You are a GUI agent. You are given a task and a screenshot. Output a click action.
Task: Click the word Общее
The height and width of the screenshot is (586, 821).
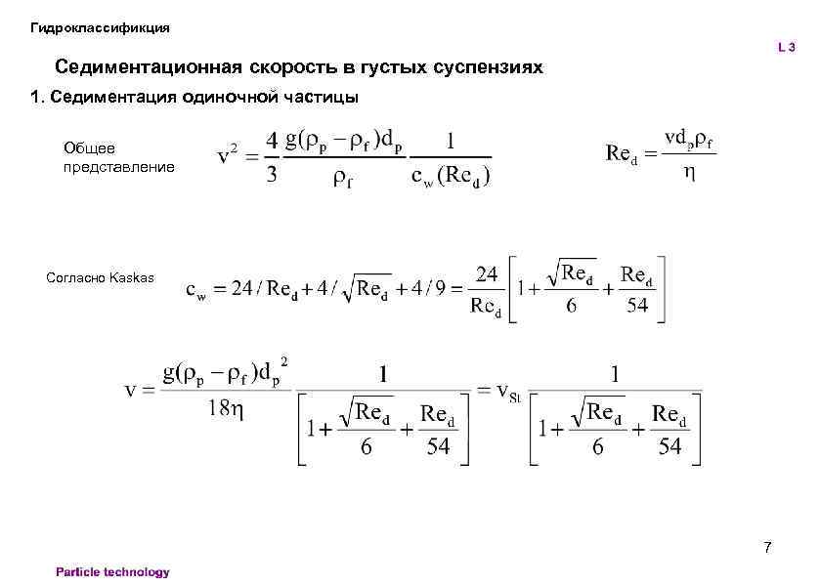point(89,148)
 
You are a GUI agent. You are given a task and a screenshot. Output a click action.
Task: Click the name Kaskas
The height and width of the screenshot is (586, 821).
point(132,277)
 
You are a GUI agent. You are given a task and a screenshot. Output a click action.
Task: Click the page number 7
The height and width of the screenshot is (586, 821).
point(767,547)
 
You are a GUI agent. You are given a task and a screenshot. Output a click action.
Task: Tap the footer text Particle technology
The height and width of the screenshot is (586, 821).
point(112,572)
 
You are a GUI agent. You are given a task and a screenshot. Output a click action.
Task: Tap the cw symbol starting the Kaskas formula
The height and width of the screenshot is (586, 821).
point(195,291)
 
